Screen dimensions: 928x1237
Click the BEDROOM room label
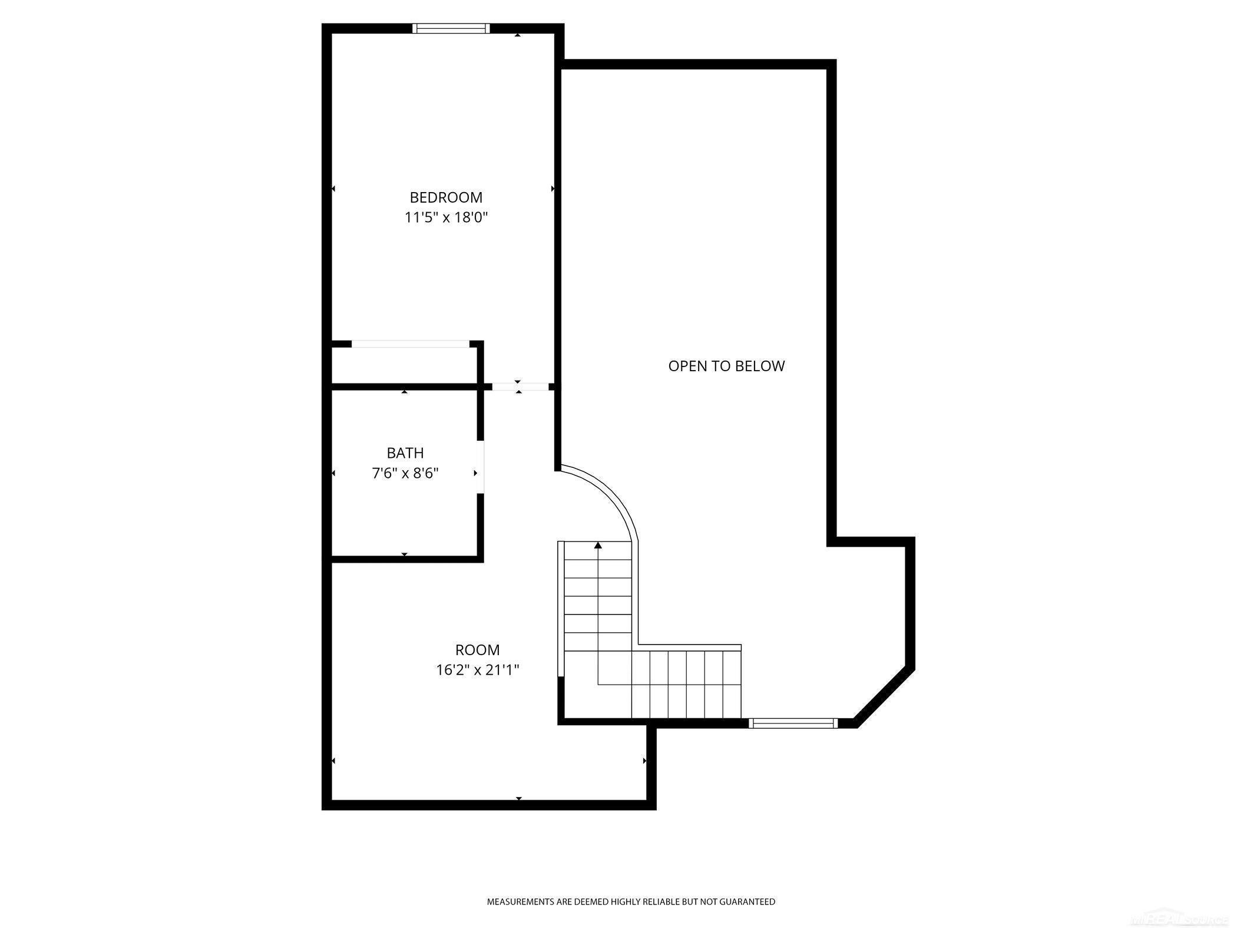coord(446,197)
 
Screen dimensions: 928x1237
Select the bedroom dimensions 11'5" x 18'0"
coord(446,217)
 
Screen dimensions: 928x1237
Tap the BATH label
coord(405,453)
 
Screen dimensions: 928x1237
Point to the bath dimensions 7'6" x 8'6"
coord(405,473)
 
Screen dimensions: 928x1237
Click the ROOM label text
coord(477,650)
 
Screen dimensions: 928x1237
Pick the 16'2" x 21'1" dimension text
coord(477,670)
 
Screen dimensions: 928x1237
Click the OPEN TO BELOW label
coord(726,366)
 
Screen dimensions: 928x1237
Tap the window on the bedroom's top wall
coord(451,28)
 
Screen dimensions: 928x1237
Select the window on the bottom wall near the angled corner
coord(793,724)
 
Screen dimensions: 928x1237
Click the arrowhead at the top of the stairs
coord(598,546)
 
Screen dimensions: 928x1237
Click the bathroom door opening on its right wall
coord(481,467)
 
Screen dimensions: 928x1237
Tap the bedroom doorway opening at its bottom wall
coord(520,387)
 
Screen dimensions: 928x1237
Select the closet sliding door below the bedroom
coord(410,344)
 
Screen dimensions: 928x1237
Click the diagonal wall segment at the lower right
coord(884,698)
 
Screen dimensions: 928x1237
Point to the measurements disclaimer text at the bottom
coord(631,901)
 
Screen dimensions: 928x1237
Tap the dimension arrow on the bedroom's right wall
coord(553,189)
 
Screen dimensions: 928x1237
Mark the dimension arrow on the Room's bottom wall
coord(519,798)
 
